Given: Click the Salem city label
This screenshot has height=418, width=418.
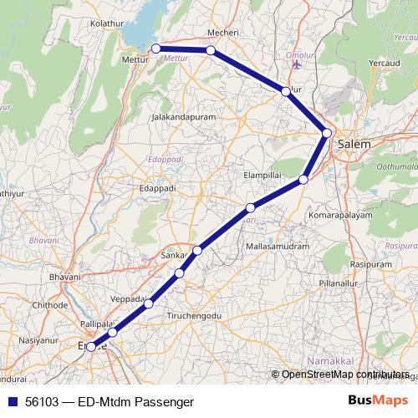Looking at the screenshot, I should click(354, 144).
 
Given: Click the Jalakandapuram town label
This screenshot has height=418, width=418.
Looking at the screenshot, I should click(183, 118).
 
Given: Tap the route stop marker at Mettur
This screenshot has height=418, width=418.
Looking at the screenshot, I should click(155, 49).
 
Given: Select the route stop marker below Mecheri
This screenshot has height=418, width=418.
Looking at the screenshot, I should click(211, 51).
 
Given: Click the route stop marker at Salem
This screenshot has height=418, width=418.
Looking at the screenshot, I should click(327, 133).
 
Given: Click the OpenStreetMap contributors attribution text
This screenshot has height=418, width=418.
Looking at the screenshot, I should click(344, 375).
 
